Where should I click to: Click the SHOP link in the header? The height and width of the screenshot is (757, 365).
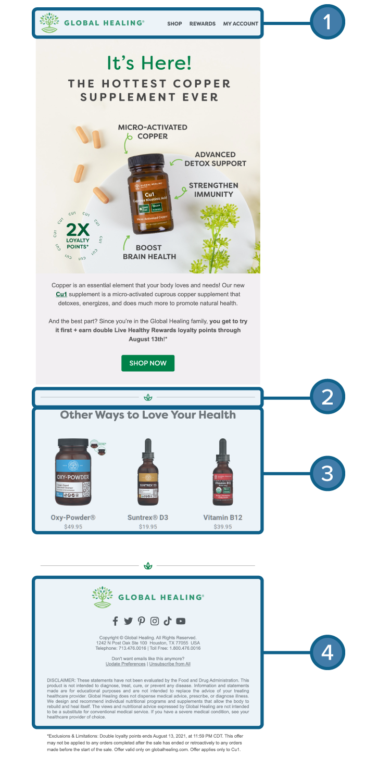(x=174, y=23)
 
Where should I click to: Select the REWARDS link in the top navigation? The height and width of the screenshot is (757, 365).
(x=202, y=23)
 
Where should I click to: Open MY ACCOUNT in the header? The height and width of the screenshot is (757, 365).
(x=241, y=23)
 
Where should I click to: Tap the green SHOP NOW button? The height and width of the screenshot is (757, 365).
(x=148, y=363)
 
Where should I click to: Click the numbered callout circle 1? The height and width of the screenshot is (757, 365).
(x=327, y=22)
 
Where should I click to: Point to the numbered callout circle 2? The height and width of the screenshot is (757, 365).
(x=327, y=397)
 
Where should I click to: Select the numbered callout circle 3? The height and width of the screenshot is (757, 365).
(x=327, y=473)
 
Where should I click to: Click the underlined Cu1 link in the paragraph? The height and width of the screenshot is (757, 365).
(x=61, y=294)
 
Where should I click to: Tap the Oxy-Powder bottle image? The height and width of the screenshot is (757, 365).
(x=74, y=472)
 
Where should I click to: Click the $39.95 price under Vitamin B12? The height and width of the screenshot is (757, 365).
(x=222, y=527)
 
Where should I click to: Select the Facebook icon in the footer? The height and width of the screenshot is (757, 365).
(x=116, y=621)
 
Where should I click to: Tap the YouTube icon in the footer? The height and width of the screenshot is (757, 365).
(x=181, y=621)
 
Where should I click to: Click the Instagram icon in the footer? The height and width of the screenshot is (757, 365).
(x=155, y=621)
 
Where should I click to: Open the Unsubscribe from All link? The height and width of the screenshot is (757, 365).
(x=170, y=664)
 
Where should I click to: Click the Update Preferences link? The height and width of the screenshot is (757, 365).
(x=125, y=664)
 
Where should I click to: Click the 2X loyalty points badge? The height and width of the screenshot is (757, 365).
(x=78, y=236)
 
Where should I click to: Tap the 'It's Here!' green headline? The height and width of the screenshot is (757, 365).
(x=149, y=63)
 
